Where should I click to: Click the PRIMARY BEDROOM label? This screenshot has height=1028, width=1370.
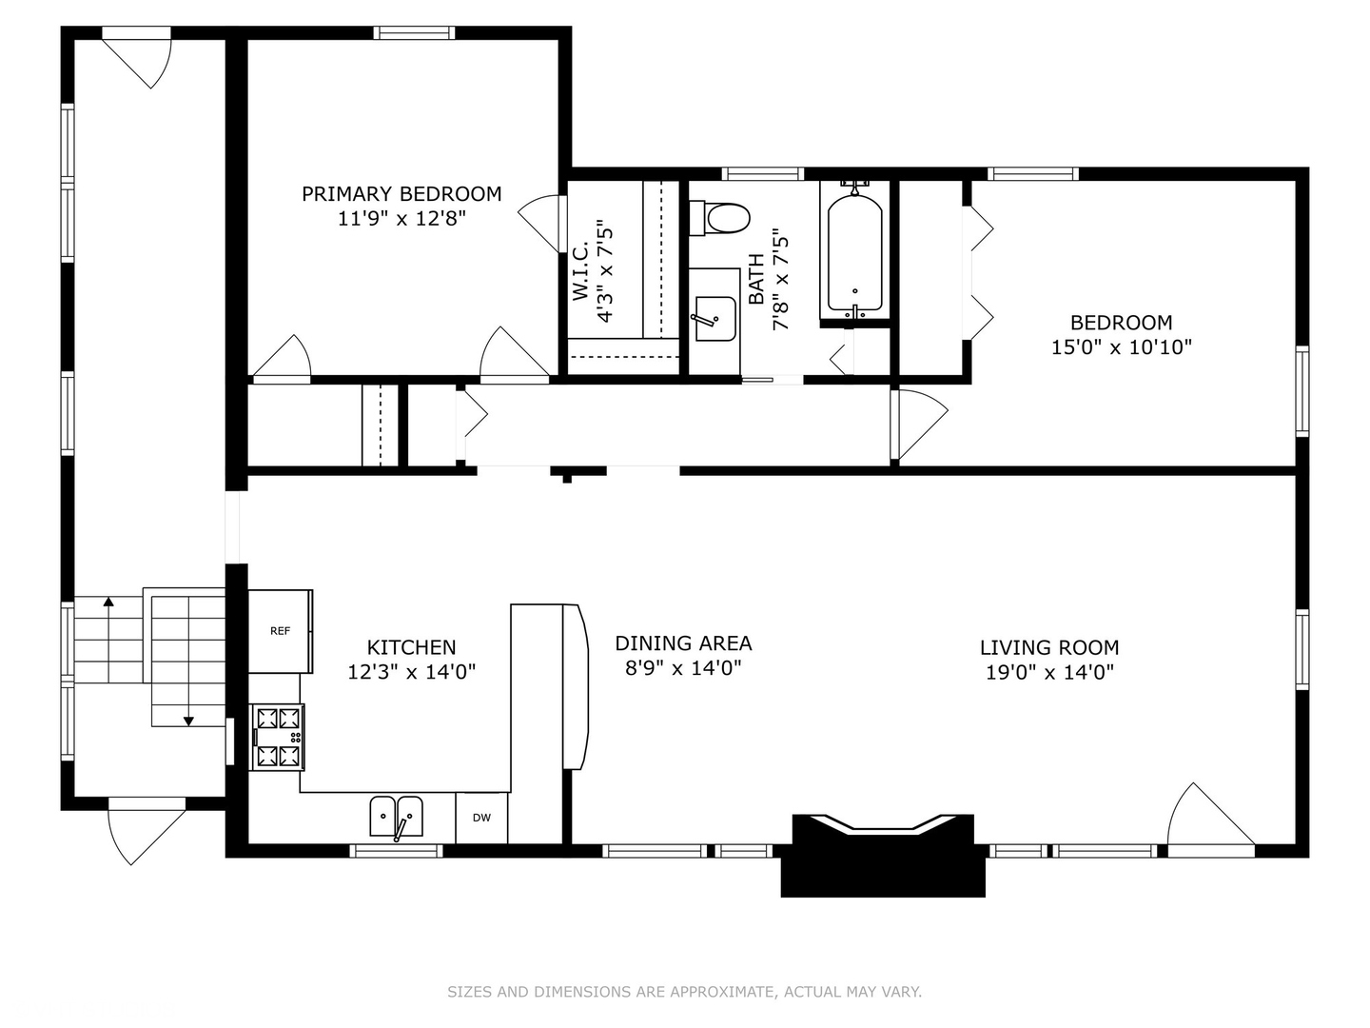[401, 194]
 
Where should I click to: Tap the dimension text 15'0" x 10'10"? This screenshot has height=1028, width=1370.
[1121, 347]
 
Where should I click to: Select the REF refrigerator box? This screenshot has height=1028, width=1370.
[280, 631]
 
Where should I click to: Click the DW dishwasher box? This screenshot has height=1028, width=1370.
[481, 818]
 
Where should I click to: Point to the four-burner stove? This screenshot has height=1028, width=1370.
[278, 737]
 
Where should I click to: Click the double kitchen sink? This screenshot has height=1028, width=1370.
[396, 817]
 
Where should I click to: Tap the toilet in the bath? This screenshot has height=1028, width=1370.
[722, 218]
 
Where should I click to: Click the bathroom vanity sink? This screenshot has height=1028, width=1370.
[715, 318]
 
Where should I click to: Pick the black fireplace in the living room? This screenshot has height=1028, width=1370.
[883, 857]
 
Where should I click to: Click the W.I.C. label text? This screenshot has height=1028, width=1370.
[580, 273]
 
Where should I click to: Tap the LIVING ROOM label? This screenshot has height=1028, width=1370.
[1049, 648]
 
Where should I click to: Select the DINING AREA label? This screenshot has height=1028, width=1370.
[683, 643]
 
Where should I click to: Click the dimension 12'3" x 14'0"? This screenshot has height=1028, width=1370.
[411, 672]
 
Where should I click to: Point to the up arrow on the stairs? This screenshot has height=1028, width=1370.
[108, 602]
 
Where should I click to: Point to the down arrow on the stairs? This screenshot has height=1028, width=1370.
[188, 721]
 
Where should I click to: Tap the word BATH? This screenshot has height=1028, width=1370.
[756, 279]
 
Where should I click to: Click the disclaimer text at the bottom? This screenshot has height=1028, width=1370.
[684, 992]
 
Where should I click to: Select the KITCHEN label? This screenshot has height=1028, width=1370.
[411, 647]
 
